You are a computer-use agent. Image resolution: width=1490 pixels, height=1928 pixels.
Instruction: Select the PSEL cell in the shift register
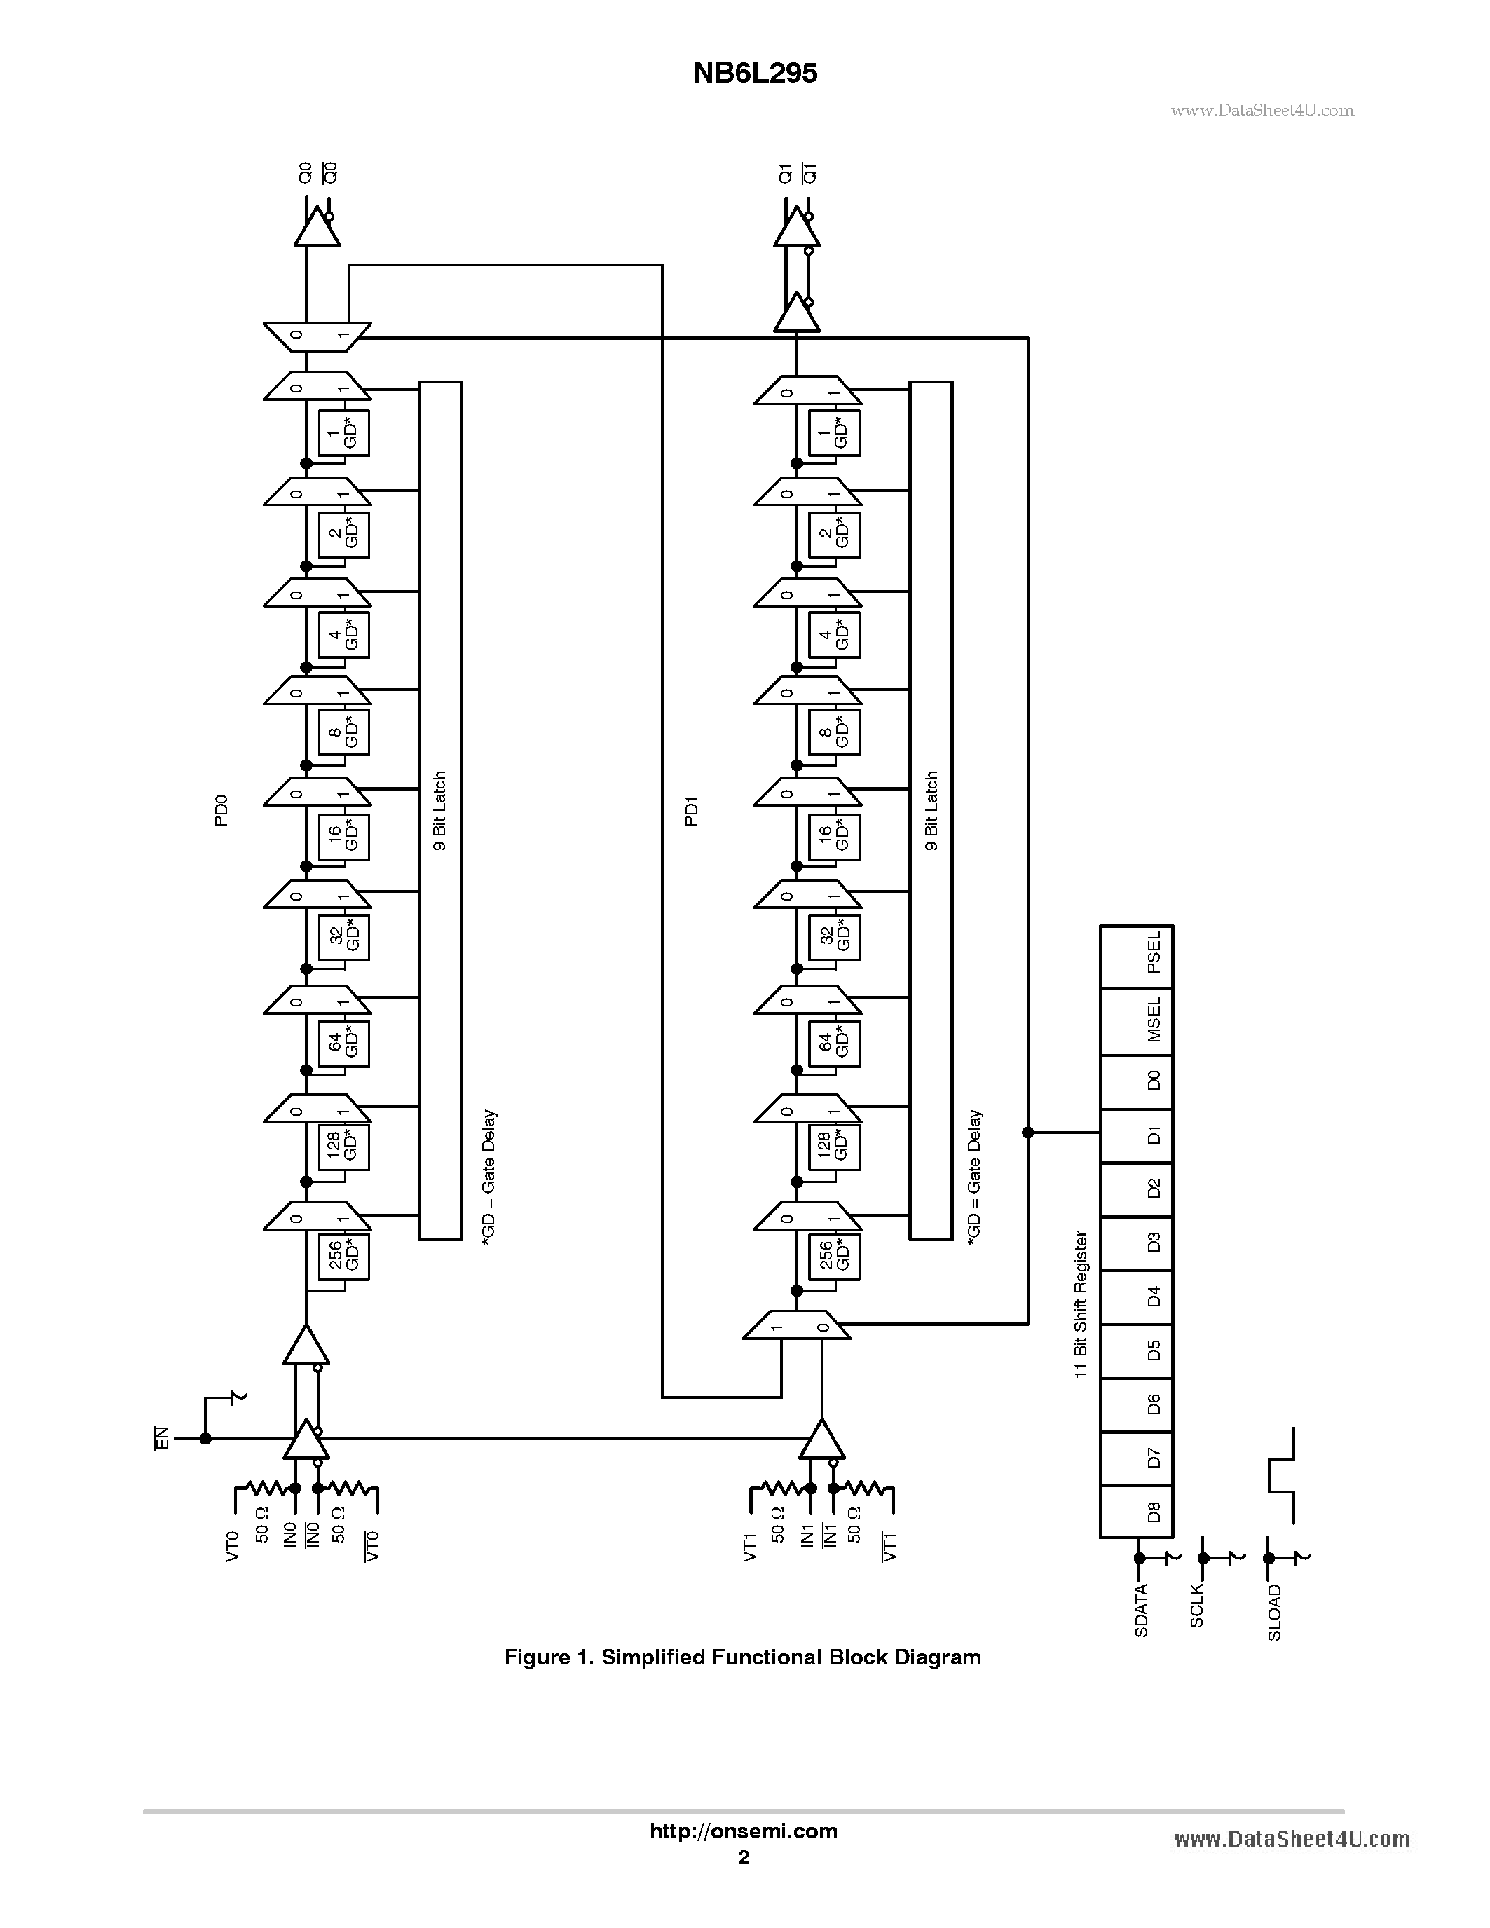(1136, 956)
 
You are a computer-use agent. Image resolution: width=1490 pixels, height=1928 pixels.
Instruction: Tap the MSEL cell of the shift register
(1136, 1021)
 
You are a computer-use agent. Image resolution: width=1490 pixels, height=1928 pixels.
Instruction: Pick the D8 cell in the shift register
(1136, 1511)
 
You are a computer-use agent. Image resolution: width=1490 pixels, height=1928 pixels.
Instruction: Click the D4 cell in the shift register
(1136, 1297)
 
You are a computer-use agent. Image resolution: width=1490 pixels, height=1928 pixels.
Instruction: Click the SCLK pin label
(1197, 1606)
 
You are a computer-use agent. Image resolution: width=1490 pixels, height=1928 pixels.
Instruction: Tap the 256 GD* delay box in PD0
(343, 1256)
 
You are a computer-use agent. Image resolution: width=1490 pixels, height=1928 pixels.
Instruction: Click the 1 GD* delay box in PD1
(834, 433)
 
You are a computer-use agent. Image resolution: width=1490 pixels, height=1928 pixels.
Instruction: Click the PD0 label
(221, 810)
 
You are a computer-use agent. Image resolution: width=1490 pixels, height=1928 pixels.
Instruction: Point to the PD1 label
(691, 810)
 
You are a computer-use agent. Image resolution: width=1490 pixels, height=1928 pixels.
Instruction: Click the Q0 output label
(306, 173)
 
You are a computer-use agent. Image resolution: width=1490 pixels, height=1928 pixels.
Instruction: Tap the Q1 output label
(785, 173)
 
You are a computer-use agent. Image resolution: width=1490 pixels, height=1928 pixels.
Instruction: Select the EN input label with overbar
(161, 1438)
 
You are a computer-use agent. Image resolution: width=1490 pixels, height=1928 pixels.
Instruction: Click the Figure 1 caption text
(742, 1657)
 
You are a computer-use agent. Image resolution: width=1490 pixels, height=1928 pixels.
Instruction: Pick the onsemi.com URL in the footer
(743, 1831)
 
